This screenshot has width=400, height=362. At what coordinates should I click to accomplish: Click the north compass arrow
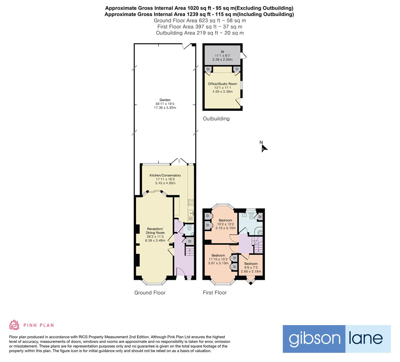click(264, 148)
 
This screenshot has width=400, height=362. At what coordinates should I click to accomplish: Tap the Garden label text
click(165, 100)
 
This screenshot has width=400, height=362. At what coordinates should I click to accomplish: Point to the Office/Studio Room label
click(222, 84)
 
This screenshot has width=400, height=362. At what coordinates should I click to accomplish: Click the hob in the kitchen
click(190, 202)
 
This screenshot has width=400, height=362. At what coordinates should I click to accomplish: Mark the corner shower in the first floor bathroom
click(259, 231)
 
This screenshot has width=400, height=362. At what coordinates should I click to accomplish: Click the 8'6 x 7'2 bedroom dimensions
click(251, 269)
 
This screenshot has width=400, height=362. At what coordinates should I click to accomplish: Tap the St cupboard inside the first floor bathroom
click(260, 217)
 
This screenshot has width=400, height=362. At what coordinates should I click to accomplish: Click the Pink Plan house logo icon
click(14, 325)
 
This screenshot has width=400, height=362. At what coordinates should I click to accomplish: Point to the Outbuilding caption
click(216, 119)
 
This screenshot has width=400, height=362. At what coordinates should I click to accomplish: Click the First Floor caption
click(215, 293)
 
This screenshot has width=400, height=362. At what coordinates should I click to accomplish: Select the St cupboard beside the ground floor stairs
click(189, 241)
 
